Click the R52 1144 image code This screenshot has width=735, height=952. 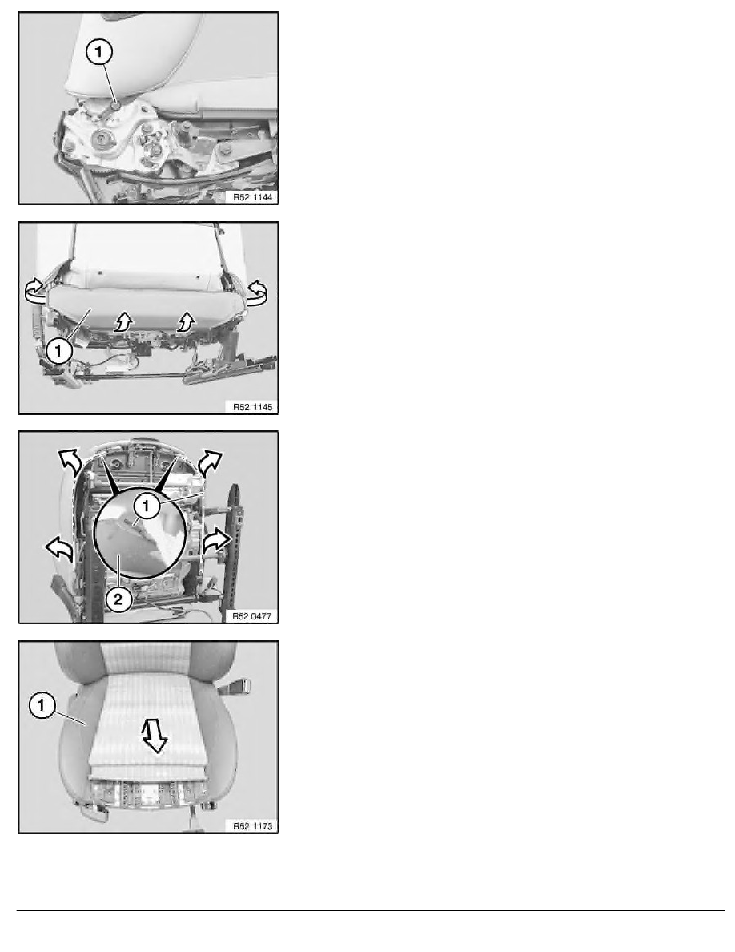click(252, 196)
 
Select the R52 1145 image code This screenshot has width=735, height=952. click(252, 407)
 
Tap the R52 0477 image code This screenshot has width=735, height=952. click(251, 616)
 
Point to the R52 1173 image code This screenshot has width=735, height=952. click(252, 825)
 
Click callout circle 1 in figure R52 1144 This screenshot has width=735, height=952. click(99, 51)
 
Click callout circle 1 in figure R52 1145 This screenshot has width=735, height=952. click(58, 350)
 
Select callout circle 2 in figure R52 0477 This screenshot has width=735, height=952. click(118, 600)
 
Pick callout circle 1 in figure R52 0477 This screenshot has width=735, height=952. click(147, 505)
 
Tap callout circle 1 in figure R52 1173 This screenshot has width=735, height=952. click(42, 705)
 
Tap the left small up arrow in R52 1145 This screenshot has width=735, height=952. click(123, 321)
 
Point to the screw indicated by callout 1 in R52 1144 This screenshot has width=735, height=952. click(115, 107)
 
